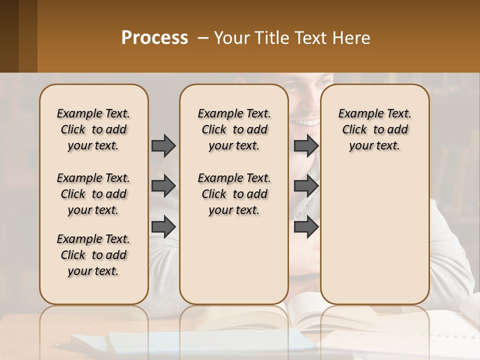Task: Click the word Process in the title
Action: point(154,38)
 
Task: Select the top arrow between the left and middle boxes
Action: point(163,145)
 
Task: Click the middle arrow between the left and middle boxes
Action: point(163,186)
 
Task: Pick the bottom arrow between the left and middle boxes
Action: point(163,226)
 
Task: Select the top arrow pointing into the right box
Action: point(306,145)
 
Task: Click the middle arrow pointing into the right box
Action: point(306,186)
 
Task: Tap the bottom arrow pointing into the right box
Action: point(306,226)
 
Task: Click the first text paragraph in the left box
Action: point(93,129)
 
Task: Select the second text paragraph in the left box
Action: point(93,194)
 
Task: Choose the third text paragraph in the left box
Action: point(93,255)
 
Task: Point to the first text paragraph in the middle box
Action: point(234,129)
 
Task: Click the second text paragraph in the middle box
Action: point(234,194)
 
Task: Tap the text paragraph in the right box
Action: point(374,129)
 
